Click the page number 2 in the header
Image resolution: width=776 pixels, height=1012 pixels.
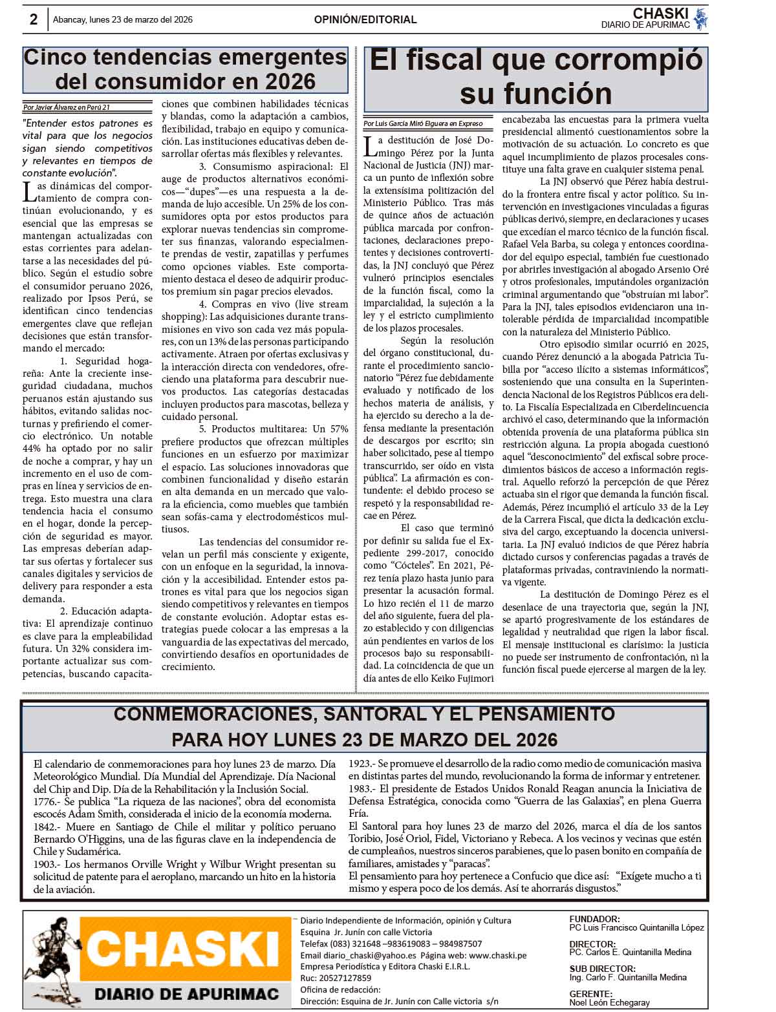pos(34,19)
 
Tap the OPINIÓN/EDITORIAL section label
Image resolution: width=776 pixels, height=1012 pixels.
pos(365,19)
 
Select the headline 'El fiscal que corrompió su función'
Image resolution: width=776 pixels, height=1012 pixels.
pos(535,77)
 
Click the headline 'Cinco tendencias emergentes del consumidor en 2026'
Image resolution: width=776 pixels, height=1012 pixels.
pos(185,69)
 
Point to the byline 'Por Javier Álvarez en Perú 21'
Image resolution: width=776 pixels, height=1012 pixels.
pos(67,107)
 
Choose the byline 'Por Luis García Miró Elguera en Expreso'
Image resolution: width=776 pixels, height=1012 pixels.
pos(422,123)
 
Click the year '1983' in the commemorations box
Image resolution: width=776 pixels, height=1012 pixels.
pos(360,789)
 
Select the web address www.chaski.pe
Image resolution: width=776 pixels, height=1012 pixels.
pos(497,955)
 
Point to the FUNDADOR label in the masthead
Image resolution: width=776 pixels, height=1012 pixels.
pos(594,919)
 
